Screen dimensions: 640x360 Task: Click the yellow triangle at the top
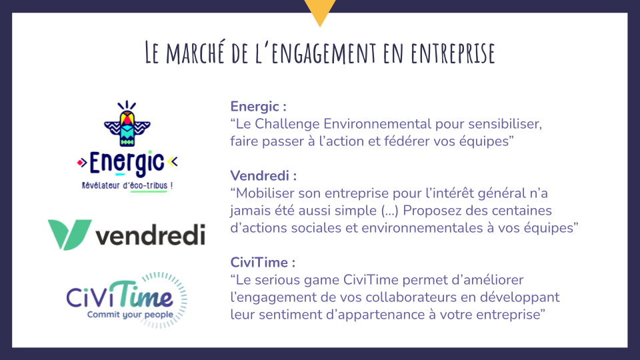coord(320,12)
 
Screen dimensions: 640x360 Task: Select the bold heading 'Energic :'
coord(259,107)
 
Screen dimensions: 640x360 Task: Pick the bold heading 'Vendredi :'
coord(263,176)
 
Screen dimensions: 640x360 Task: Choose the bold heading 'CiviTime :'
coord(263,263)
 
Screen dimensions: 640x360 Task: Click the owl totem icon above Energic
coord(127,123)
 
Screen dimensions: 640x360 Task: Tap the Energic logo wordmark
coord(127,163)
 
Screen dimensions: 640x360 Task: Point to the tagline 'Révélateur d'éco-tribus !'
coord(127,186)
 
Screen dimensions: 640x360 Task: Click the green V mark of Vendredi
coord(69,234)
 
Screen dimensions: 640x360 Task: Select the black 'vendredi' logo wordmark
coord(150,235)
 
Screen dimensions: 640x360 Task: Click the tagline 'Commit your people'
coord(130,315)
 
